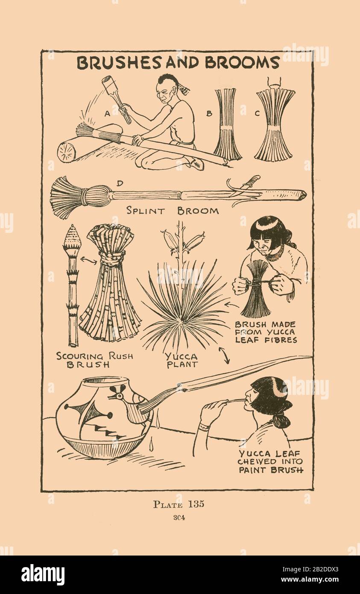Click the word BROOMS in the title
pyautogui.click(x=243, y=62)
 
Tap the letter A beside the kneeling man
pyautogui.click(x=107, y=114)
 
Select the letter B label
pyautogui.click(x=209, y=114)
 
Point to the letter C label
pyautogui.click(x=257, y=114)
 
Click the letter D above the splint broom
pyautogui.click(x=120, y=183)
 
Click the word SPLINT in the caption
pyautogui.click(x=145, y=211)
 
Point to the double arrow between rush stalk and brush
pyautogui.click(x=88, y=260)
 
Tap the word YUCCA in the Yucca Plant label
pyautogui.click(x=181, y=356)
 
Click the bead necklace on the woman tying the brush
pyautogui.click(x=275, y=255)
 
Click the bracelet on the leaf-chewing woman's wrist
pyautogui.click(x=204, y=427)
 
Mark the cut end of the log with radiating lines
pyautogui.click(x=67, y=151)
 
